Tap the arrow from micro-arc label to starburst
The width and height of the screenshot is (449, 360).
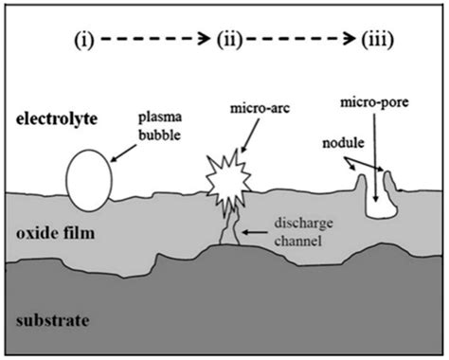coord(241,140)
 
